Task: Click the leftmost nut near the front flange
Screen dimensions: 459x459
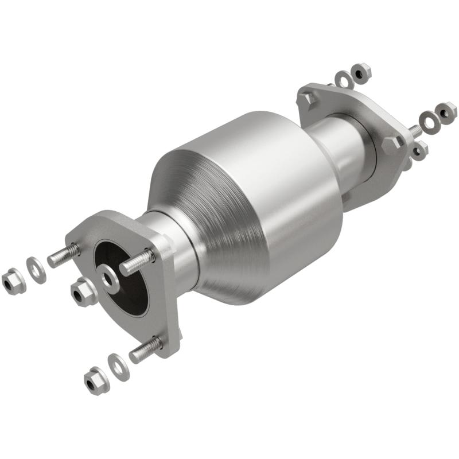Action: [x=13, y=281]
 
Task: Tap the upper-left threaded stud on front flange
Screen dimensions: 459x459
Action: [x=63, y=256]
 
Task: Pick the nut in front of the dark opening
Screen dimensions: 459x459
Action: [x=83, y=292]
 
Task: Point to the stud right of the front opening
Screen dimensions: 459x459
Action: [x=137, y=262]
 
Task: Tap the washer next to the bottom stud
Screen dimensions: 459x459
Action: [x=119, y=366]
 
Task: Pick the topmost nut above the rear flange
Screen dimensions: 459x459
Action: [x=361, y=72]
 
